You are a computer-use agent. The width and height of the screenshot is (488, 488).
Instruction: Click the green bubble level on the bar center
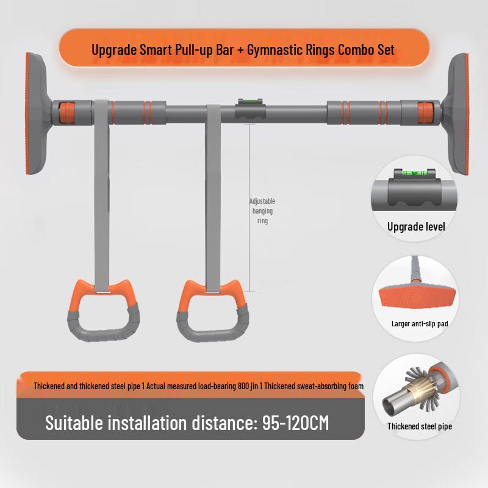[247, 102]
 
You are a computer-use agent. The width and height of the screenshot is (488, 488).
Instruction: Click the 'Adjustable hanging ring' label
[262, 211]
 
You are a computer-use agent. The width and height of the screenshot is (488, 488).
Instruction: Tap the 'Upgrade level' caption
[416, 227]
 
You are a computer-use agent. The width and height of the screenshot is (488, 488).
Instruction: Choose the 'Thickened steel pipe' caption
[420, 426]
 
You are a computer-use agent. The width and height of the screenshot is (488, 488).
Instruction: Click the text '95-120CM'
[295, 422]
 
